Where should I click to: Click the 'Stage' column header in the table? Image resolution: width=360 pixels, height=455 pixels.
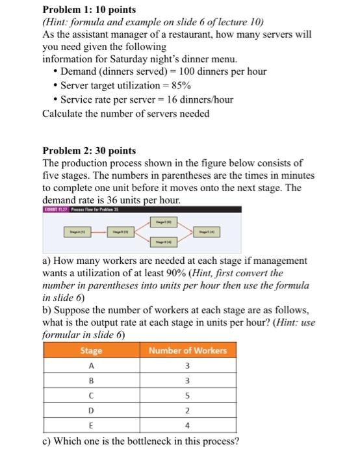[90, 350]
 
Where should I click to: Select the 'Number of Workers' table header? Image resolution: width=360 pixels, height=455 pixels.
[188, 350]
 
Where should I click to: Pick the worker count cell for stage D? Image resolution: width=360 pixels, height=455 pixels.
[188, 411]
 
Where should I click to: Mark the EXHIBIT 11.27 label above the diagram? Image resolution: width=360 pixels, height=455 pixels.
[53, 209]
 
